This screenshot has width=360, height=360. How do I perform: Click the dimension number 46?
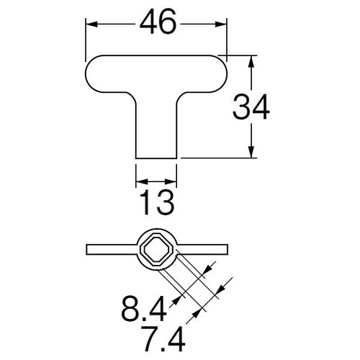(158, 22)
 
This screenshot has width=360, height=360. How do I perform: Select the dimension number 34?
(251, 107)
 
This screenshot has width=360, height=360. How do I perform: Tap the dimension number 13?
(156, 202)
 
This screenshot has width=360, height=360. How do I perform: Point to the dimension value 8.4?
(143, 309)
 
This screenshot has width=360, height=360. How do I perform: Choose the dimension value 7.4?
(163, 338)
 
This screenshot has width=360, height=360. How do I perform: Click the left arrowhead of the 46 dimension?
(91, 24)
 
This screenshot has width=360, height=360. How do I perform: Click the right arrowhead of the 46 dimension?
(221, 24)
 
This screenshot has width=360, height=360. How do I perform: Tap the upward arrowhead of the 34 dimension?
(251, 61)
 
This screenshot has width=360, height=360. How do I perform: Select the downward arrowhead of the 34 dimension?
(251, 152)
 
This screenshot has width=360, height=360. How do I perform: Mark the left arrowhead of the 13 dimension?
(142, 181)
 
